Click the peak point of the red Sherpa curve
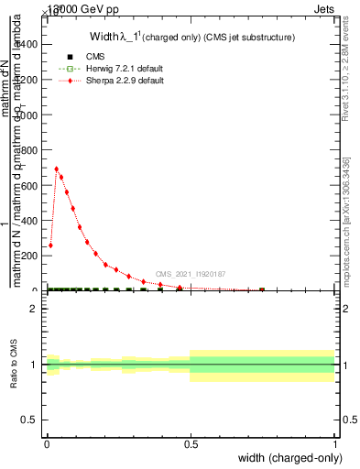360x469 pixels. tap(57, 169)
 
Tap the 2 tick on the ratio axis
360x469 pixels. tap(38, 309)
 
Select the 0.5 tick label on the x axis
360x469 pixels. tap(191, 442)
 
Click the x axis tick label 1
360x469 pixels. tap(334, 442)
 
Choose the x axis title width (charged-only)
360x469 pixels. tap(286, 458)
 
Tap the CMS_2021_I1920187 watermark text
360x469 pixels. tap(191, 274)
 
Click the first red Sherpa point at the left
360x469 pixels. tap(50, 245)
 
